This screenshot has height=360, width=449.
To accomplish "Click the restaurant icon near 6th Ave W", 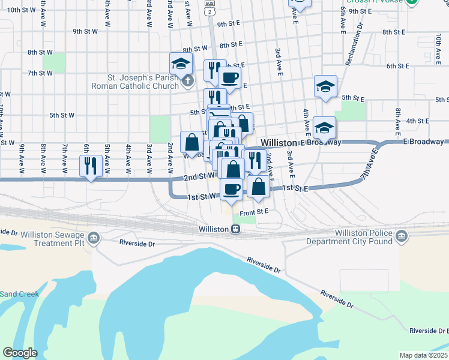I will [90, 166].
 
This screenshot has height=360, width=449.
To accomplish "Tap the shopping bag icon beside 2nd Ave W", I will [191, 143].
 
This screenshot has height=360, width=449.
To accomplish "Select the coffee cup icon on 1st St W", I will [231, 190].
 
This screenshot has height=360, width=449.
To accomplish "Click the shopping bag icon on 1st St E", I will [258, 187].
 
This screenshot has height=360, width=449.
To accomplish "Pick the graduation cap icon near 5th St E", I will [325, 87].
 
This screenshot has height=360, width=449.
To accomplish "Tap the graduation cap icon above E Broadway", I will [324, 127].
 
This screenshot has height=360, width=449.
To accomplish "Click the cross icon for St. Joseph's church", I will [188, 80].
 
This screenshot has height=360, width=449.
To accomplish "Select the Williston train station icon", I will [237, 229].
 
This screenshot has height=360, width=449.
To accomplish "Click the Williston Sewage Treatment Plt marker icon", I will [93, 239].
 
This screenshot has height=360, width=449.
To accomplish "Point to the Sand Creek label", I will [19, 294].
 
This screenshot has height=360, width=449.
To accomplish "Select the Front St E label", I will [253, 212].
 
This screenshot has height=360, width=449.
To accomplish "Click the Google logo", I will [20, 353].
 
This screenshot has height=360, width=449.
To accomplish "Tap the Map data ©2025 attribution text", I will [423, 355].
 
